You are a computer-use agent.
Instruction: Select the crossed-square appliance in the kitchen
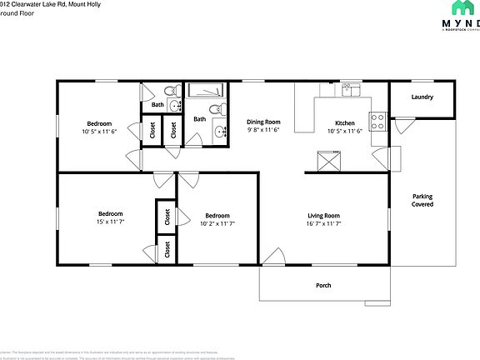(x=328, y=158)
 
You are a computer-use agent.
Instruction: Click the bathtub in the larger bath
(x=205, y=92)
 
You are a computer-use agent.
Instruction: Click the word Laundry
(x=422, y=97)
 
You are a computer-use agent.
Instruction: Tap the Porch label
(x=323, y=286)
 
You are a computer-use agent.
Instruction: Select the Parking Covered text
(x=422, y=200)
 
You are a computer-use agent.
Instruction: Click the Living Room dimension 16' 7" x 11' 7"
(x=323, y=223)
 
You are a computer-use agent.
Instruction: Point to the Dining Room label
(x=262, y=121)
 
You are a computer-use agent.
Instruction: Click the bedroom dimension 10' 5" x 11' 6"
(x=99, y=131)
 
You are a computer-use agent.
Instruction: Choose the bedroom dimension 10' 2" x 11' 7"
(x=217, y=223)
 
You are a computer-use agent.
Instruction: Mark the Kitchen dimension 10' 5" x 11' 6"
(x=344, y=131)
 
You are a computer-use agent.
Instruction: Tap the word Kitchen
(x=344, y=122)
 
